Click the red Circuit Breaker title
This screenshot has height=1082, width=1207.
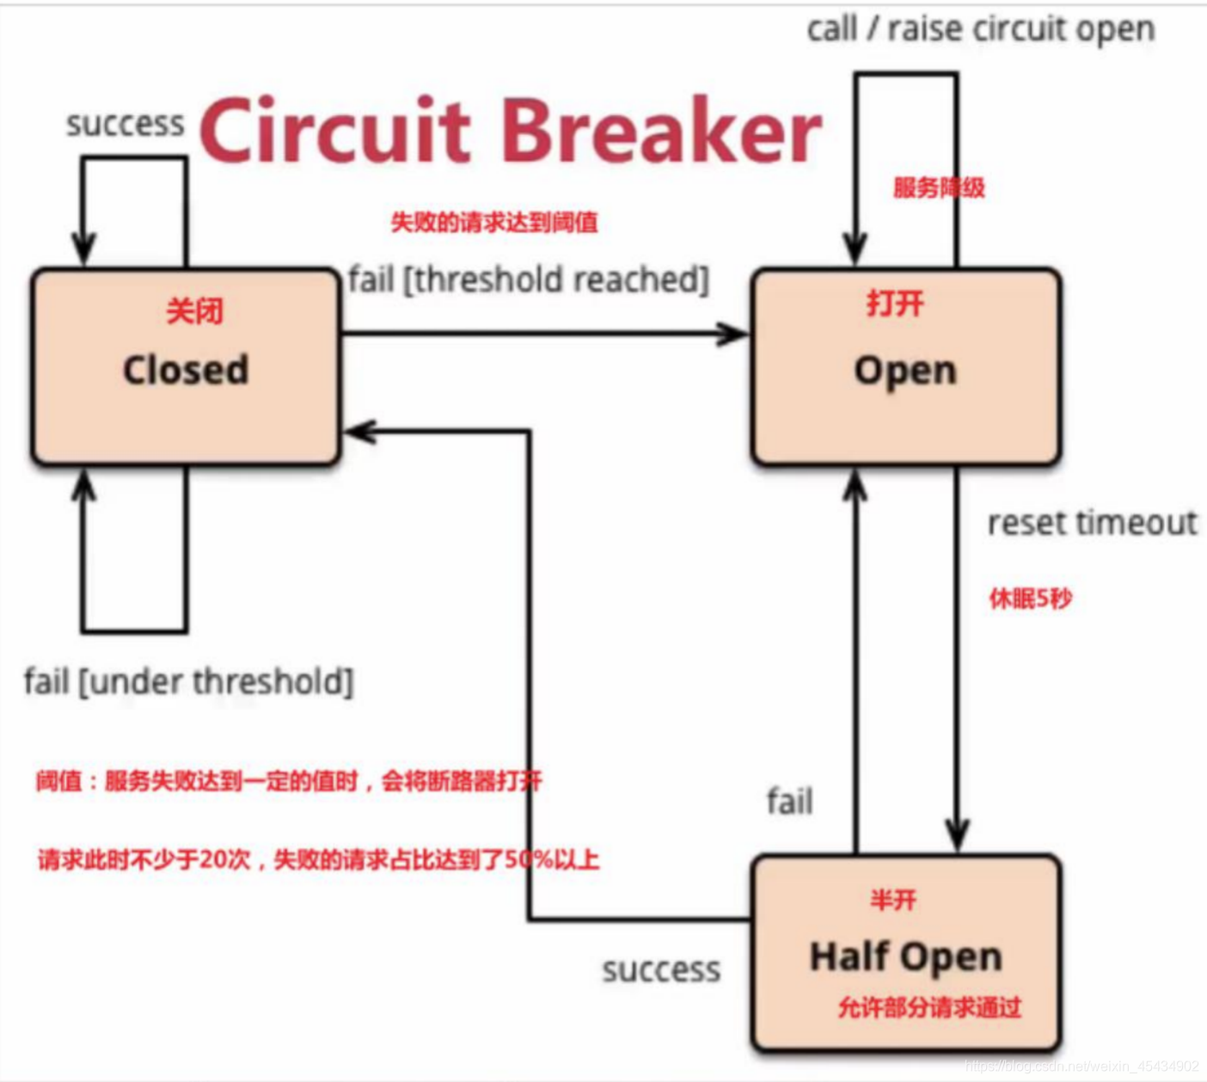[x=511, y=131]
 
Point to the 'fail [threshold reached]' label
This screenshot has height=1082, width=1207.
[x=529, y=280]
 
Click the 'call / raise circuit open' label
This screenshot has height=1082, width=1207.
[x=980, y=30]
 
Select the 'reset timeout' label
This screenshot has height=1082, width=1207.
[x=1092, y=522]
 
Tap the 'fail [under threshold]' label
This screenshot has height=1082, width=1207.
[x=188, y=682]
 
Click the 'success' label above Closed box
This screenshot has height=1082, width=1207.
[x=126, y=124]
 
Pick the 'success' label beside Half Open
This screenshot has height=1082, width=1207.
[x=661, y=970]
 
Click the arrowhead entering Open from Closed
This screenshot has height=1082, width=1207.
[x=735, y=334]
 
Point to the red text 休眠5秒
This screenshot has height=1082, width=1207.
[x=1030, y=598]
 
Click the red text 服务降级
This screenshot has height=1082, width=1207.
[x=938, y=188]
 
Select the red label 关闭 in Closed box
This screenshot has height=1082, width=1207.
[x=194, y=310]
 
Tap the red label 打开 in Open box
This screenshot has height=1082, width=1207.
[x=895, y=303]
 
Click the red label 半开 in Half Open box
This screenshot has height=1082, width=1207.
[x=893, y=900]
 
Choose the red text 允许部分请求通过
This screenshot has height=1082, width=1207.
[x=929, y=1006]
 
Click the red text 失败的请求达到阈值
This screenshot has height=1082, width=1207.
[x=493, y=223]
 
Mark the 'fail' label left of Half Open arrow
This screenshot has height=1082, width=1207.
[x=789, y=802]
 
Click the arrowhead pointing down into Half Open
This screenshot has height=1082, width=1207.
[x=957, y=836]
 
